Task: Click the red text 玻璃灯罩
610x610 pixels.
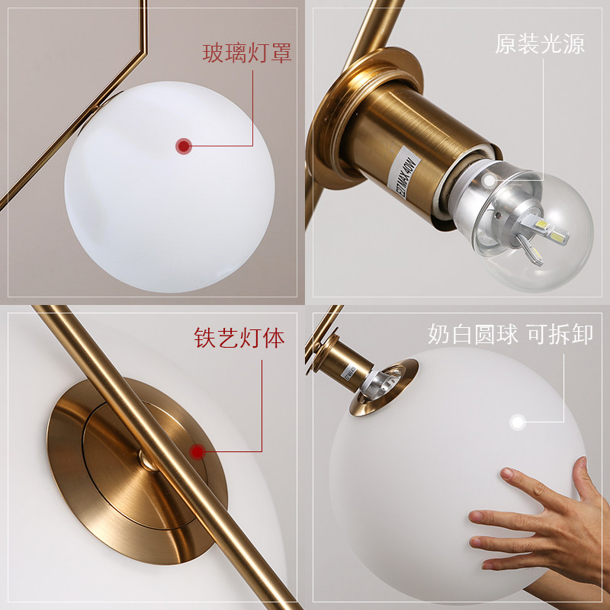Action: click(x=246, y=53)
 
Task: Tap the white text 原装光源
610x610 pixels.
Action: click(x=540, y=43)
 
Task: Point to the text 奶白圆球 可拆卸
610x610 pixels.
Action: click(x=510, y=334)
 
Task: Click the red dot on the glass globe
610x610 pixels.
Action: click(x=183, y=145)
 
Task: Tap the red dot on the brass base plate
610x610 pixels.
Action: click(x=197, y=452)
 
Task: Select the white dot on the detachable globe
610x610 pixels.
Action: click(x=518, y=421)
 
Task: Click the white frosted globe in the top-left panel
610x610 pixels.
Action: click(x=168, y=187)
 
